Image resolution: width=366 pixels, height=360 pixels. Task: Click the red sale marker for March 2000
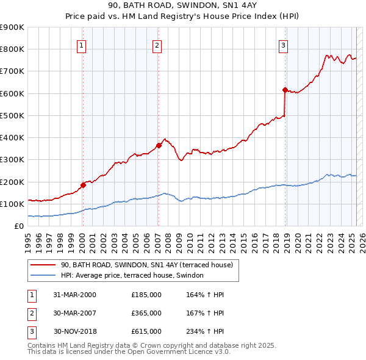tap(83, 185)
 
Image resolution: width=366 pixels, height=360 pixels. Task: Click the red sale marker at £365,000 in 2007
tap(159, 145)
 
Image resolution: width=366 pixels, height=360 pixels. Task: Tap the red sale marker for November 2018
tap(285, 90)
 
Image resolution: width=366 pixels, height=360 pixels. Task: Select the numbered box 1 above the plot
tap(82, 45)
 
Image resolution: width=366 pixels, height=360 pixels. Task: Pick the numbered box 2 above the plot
tap(157, 45)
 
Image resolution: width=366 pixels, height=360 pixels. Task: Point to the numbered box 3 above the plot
tap(284, 45)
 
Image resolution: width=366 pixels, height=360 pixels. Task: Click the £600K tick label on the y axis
tap(12, 93)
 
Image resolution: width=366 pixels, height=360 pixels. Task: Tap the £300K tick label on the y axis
tap(12, 160)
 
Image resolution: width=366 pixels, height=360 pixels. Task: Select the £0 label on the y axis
tap(18, 226)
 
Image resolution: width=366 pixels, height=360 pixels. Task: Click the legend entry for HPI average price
tap(136, 275)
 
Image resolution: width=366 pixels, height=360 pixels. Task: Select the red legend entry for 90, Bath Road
tap(146, 265)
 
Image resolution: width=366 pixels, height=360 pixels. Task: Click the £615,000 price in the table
tap(146, 331)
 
